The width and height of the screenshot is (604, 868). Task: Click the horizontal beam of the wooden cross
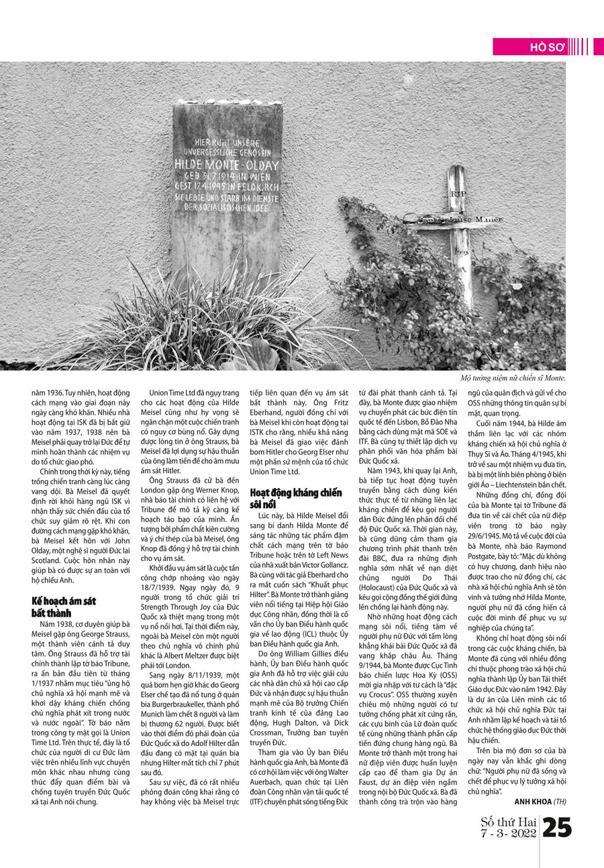(x=454, y=219)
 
